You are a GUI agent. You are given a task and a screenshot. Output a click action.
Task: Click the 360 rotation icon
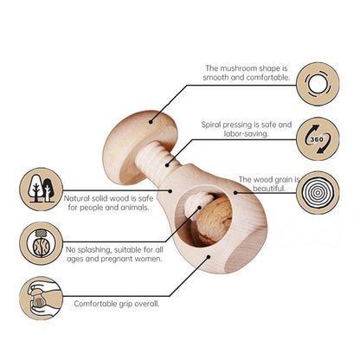318,138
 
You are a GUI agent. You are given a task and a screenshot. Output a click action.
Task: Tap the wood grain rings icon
318,193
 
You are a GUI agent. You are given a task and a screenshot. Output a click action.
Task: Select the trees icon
41,189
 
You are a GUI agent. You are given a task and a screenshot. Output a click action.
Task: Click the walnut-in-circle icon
41,243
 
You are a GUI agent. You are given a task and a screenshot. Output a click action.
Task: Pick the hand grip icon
41,298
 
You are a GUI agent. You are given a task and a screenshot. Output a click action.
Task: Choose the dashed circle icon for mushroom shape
318,84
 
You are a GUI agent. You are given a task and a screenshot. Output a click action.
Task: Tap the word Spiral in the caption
211,125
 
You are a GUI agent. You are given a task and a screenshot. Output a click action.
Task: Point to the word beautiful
269,189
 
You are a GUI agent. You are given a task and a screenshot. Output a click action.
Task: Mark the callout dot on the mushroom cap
151,122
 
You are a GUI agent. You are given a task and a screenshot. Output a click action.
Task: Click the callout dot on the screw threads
167,165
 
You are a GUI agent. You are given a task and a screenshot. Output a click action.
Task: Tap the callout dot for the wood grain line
235,192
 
